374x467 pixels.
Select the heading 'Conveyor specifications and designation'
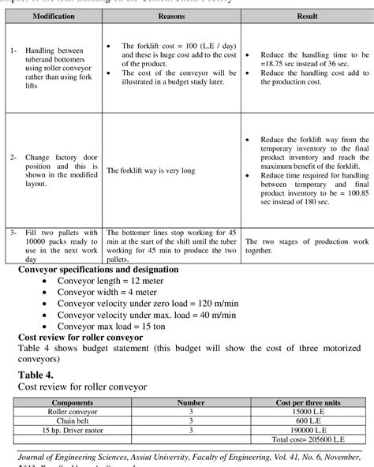[x=98, y=269]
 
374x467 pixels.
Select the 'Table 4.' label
[x=37, y=375]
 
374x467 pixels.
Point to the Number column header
[x=192, y=402]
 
